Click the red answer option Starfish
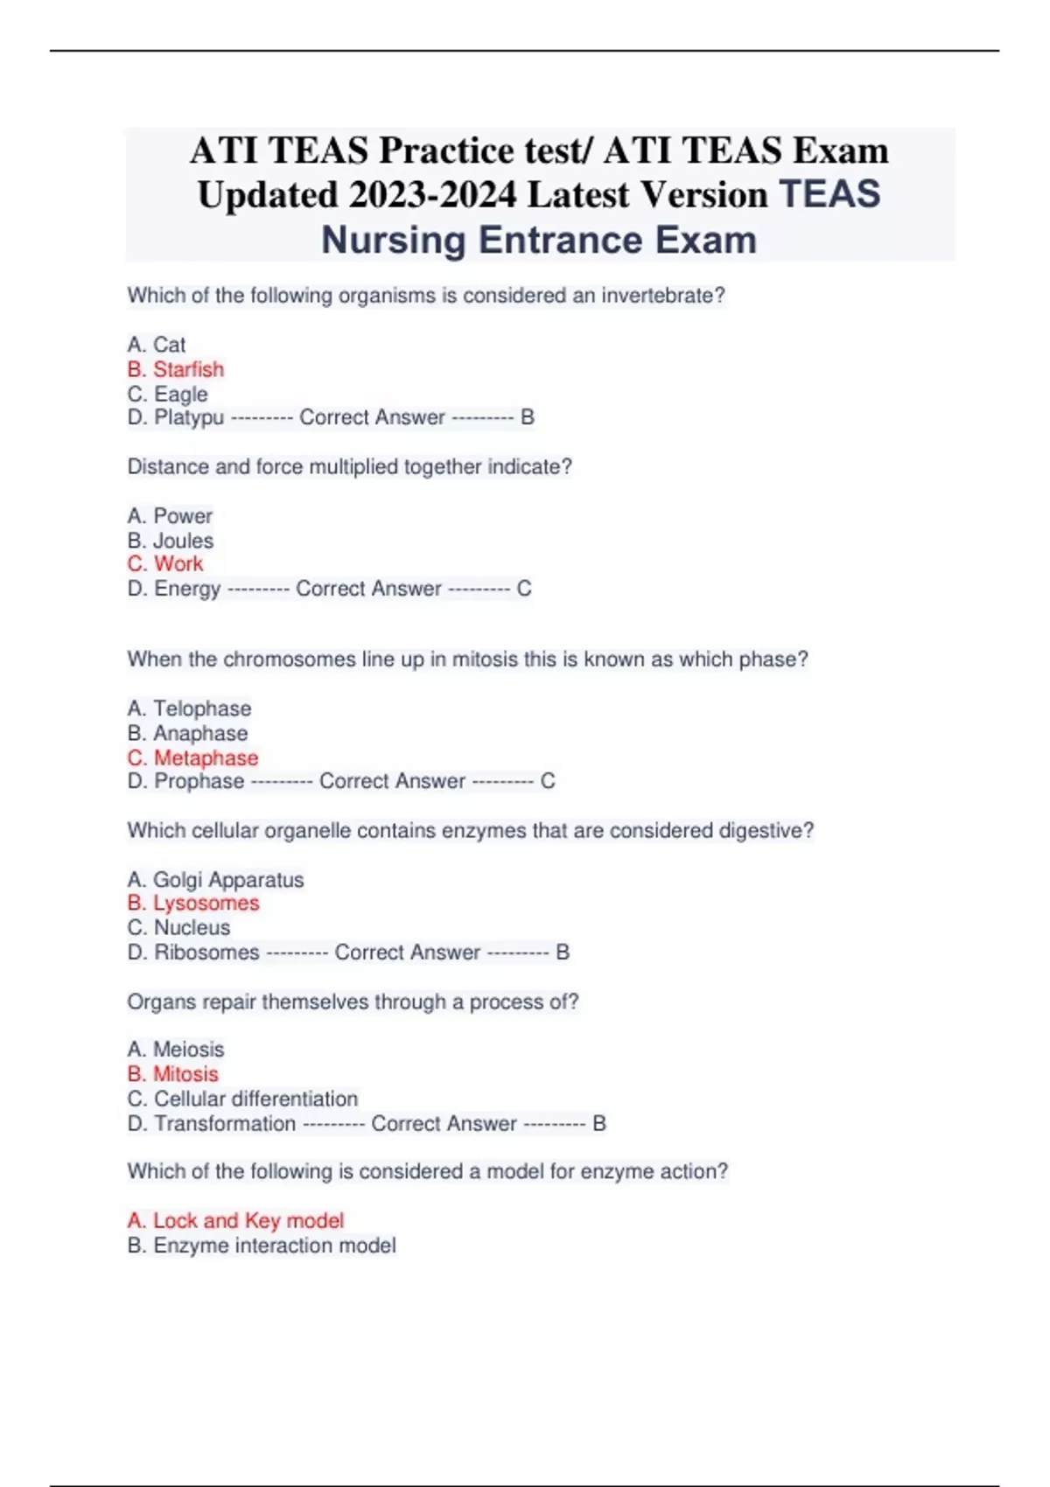pos(176,369)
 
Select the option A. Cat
pos(157,345)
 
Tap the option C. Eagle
pos(168,394)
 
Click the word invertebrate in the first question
pos(662,296)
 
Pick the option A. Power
pos(170,516)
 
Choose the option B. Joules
pos(171,541)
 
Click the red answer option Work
pos(165,564)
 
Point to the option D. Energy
pos(174,589)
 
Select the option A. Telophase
pos(189,709)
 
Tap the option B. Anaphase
pos(187,733)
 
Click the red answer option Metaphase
pos(193,757)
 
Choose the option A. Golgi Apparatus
pos(215,880)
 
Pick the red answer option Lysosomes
pos(193,903)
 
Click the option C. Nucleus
pos(178,927)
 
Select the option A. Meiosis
pos(176,1049)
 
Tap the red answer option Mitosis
pos(173,1073)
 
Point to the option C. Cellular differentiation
pos(242,1099)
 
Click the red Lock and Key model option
pos(235,1220)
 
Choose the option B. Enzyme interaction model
pos(261,1245)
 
